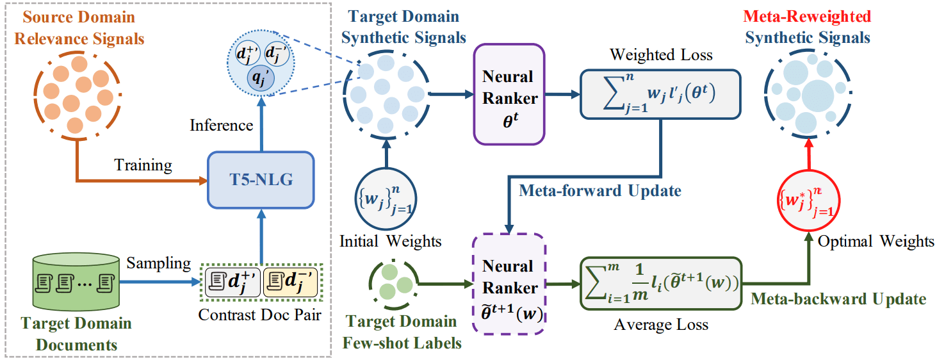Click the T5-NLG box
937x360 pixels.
[261, 180]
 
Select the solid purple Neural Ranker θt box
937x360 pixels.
[508, 94]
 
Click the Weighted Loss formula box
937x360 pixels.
[660, 94]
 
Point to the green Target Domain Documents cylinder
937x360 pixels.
[76, 282]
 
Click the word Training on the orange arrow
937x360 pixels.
[143, 165]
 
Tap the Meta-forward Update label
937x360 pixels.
[599, 190]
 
